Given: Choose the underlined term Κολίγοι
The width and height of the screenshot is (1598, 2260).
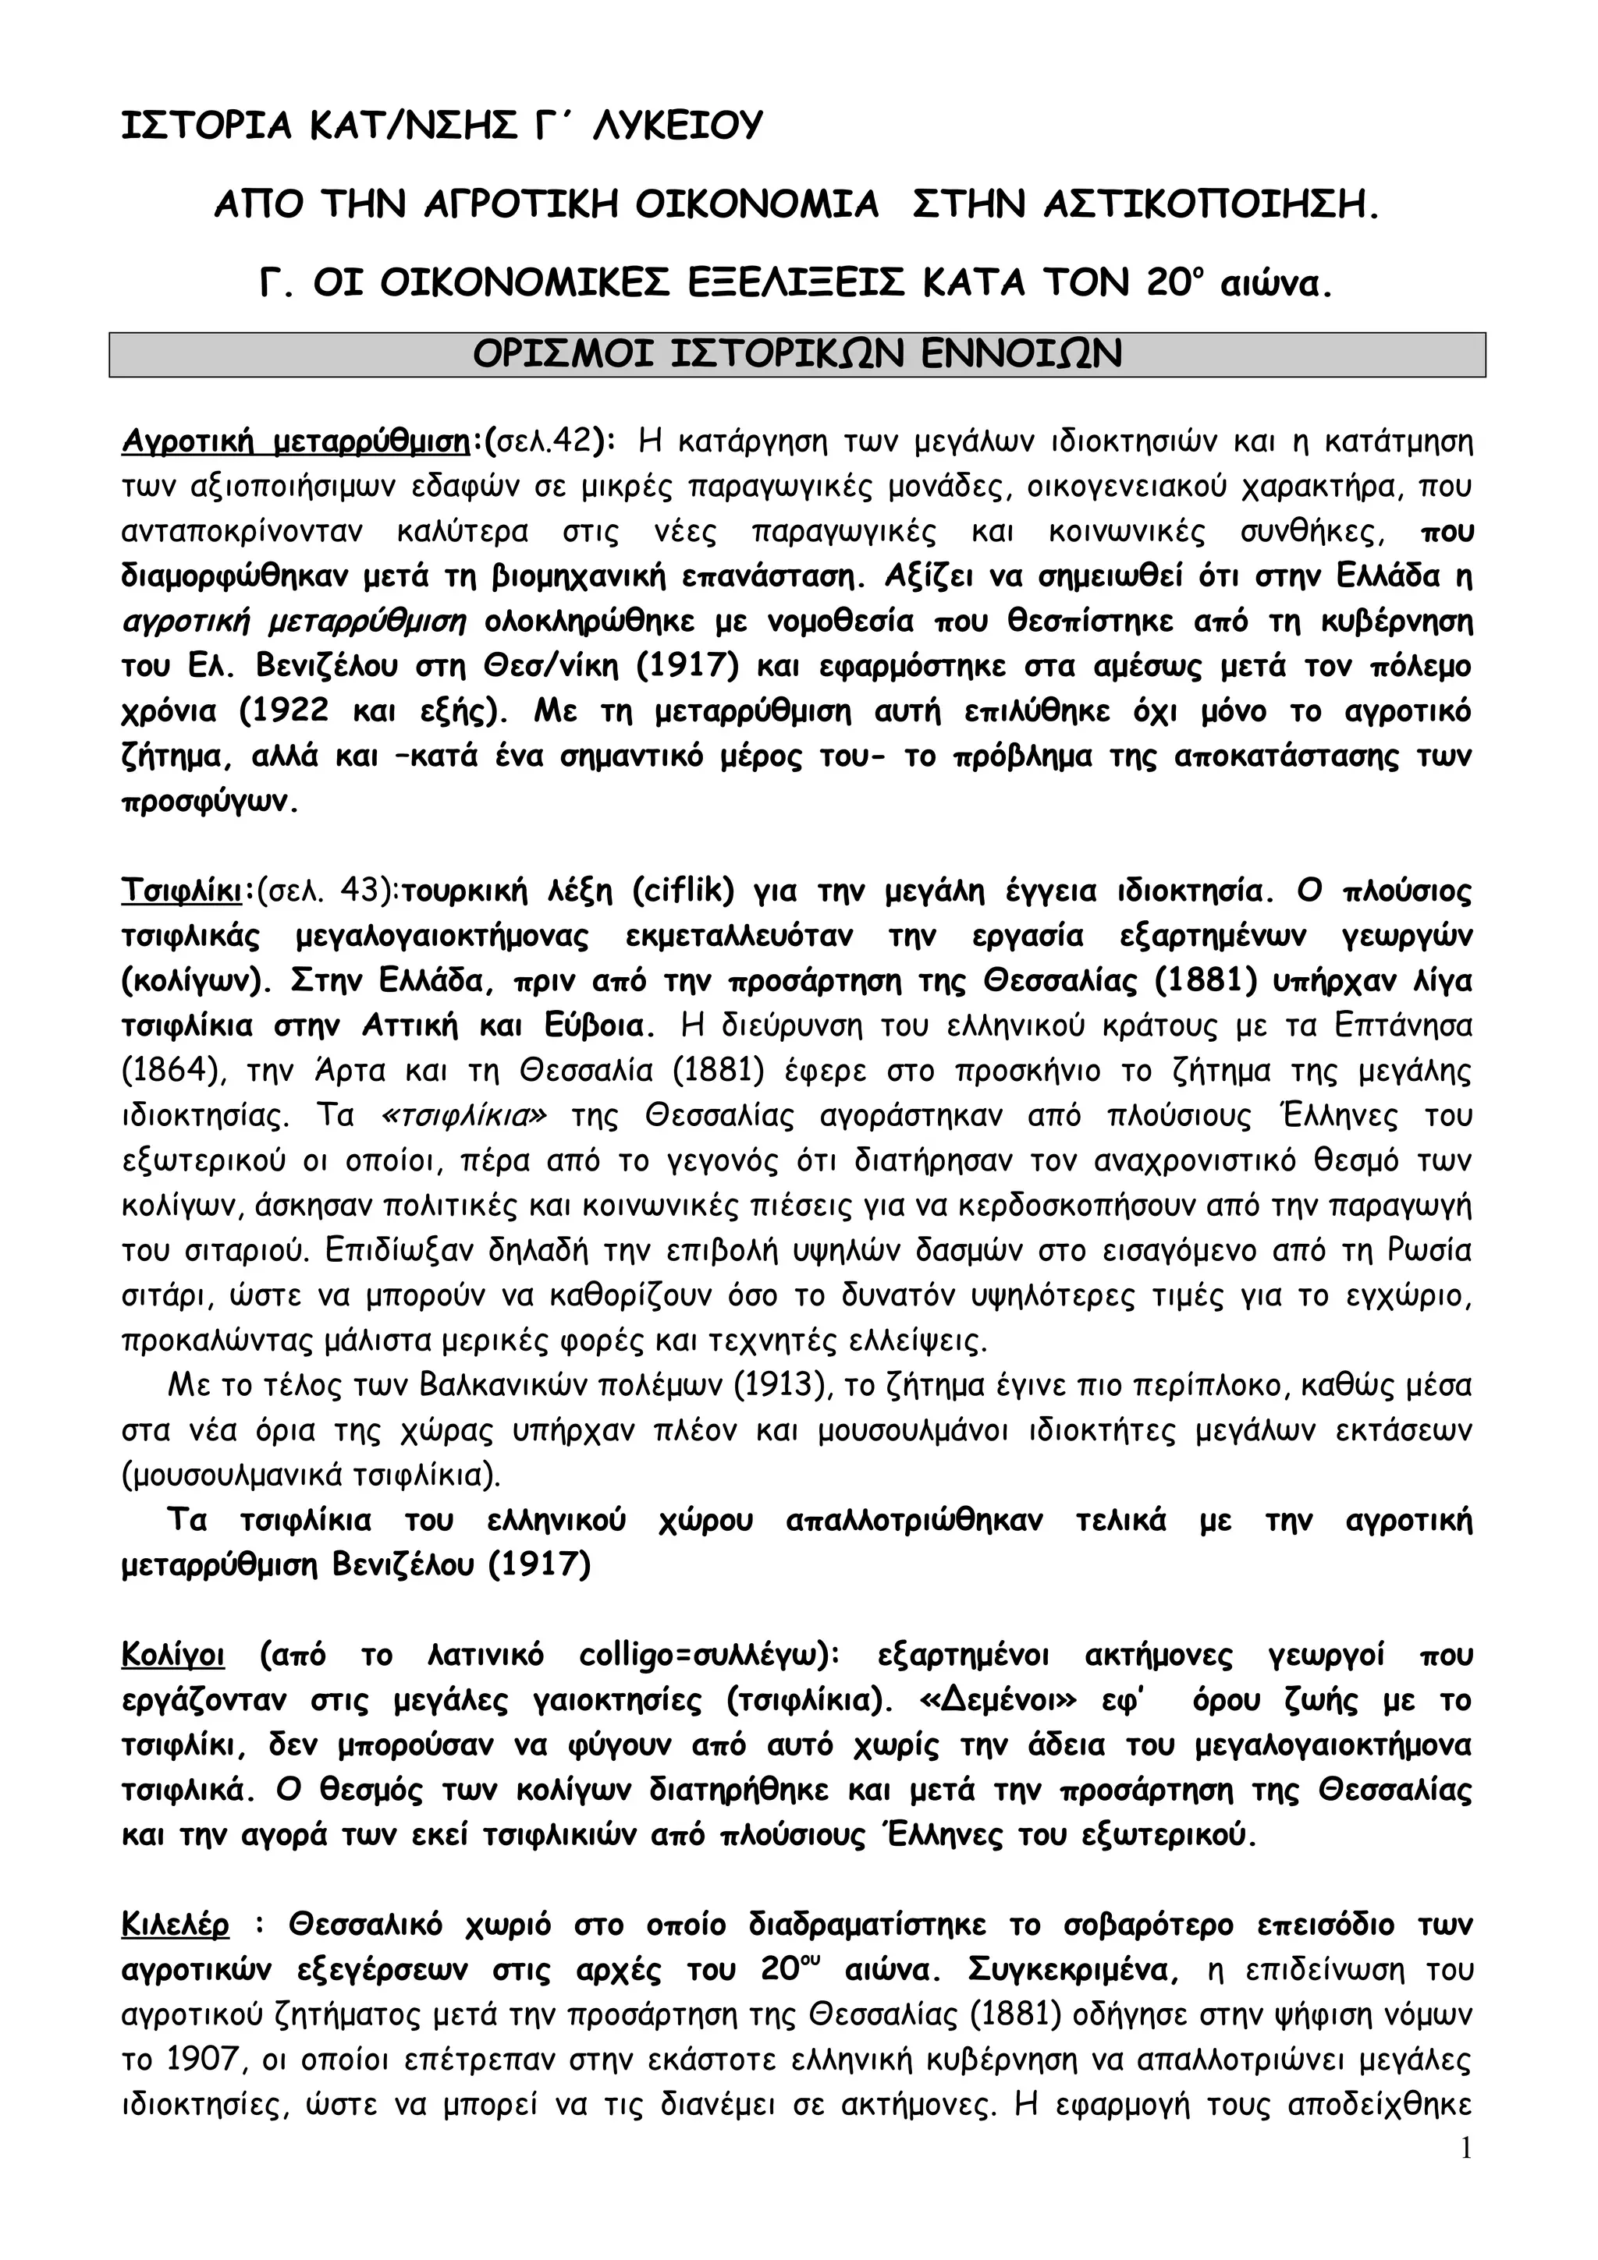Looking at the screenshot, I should [x=173, y=1656].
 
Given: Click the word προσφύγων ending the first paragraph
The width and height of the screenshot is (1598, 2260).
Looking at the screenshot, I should [x=206, y=801].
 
